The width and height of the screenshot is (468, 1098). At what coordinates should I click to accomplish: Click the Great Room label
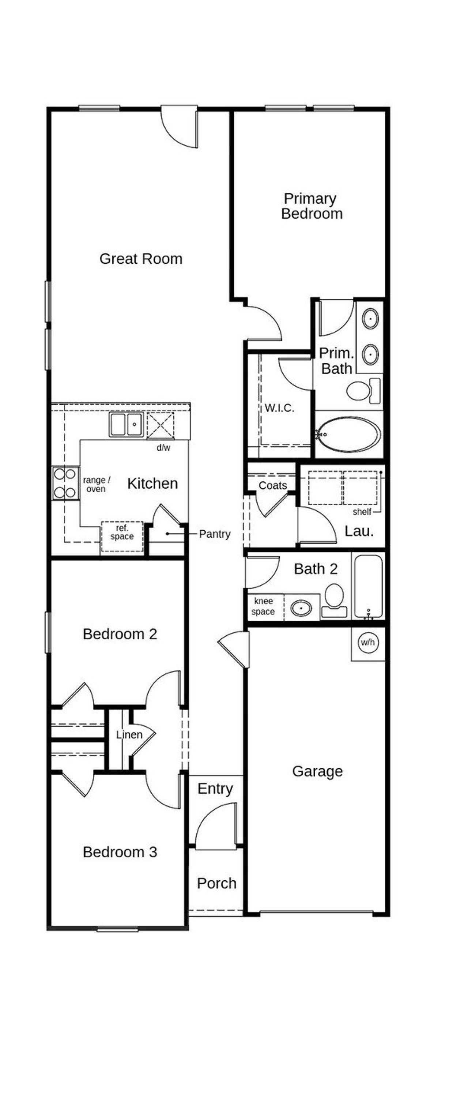point(141,259)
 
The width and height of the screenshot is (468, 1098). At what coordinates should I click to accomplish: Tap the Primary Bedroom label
point(311,206)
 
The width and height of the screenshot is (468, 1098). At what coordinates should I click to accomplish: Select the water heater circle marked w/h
point(367,642)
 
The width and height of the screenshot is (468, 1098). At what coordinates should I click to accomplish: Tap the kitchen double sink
point(126,425)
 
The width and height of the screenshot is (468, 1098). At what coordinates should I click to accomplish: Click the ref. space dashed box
point(122,536)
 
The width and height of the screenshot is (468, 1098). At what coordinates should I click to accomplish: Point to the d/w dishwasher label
point(163,448)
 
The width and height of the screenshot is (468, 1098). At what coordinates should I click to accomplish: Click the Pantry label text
point(214,534)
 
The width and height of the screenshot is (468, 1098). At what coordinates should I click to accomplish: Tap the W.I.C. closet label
point(279,408)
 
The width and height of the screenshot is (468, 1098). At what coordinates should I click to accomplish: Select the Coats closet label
point(273,485)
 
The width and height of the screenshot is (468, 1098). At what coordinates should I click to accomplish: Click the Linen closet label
point(129,735)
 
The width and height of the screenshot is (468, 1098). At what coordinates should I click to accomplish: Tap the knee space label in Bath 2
point(263,606)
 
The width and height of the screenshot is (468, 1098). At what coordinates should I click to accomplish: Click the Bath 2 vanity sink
point(301,608)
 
